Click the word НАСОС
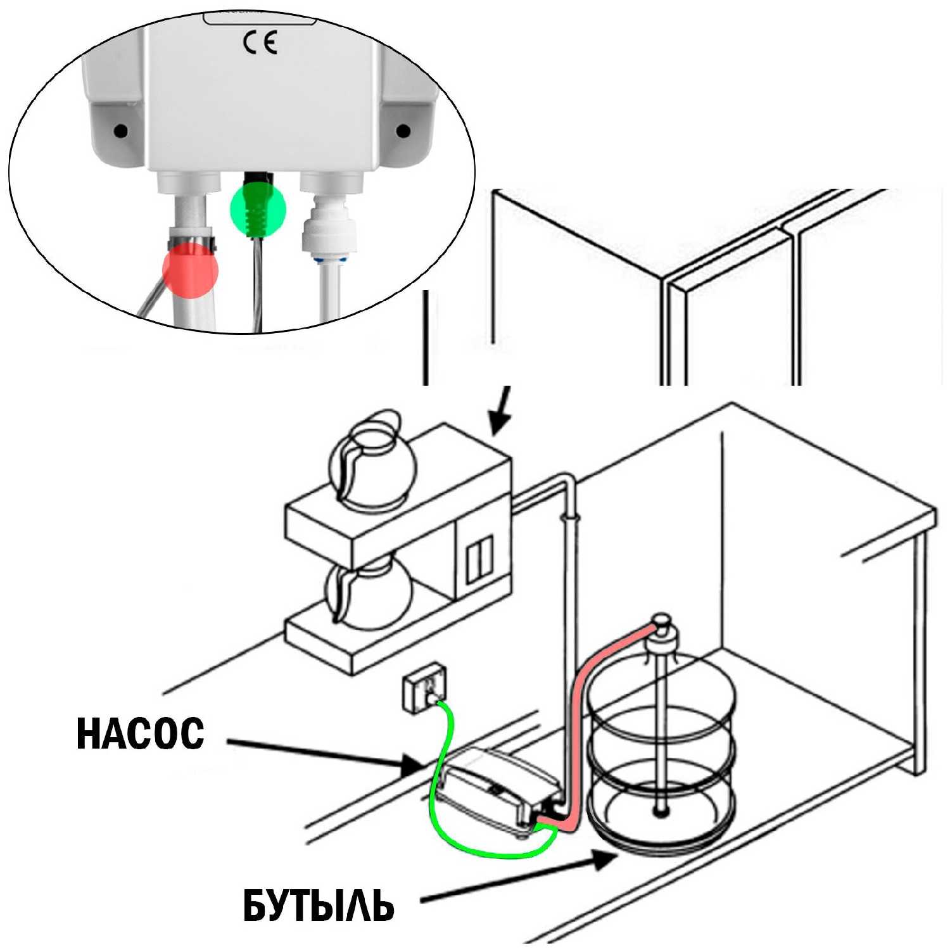click(141, 734)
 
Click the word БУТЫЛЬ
click(319, 906)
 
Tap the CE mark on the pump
click(260, 43)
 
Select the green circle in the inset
click(258, 208)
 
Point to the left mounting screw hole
click(120, 131)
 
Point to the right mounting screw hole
click(403, 131)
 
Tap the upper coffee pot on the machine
click(374, 461)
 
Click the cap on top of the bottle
click(662, 627)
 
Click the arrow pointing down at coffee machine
click(500, 412)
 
